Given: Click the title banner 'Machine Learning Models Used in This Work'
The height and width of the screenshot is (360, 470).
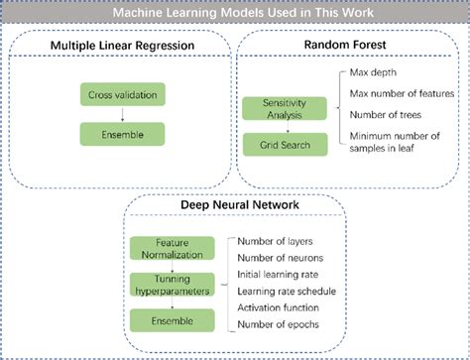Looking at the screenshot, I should point(234,14).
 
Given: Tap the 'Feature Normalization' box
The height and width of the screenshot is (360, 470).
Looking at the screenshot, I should point(172,248).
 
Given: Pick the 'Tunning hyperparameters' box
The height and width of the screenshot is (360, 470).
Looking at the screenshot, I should point(172,286).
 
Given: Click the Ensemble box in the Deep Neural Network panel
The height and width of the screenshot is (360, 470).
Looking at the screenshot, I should point(172,320).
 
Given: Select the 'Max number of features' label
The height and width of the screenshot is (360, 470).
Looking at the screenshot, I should point(402,94).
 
